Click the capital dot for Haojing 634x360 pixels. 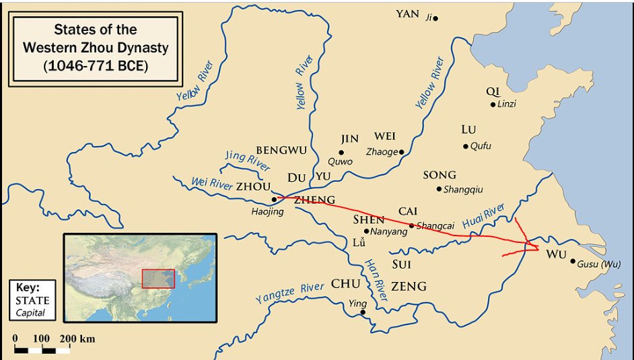point(274,199)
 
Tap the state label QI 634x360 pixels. point(493,92)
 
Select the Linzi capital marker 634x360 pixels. point(493,104)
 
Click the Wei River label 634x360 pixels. point(211,182)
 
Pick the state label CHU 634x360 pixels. point(346,284)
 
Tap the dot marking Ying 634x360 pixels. point(363,312)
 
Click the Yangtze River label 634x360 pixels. point(289,293)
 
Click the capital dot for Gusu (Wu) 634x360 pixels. point(572,262)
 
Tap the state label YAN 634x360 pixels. point(407,13)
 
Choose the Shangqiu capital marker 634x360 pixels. point(439,189)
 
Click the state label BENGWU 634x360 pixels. point(281,150)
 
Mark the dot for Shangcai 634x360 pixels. point(411,226)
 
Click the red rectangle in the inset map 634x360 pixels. point(158,279)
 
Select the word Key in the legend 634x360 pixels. point(28,286)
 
